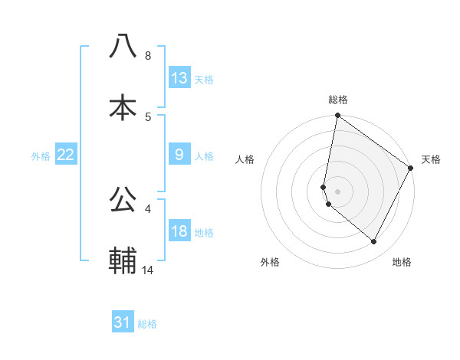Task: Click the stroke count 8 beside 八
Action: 147,56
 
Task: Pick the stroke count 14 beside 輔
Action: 149,270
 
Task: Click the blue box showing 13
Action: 179,78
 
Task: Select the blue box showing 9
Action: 179,155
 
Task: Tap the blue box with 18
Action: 179,231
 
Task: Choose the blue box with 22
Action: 66,155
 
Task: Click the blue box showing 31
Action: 123,323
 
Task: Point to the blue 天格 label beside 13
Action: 204,80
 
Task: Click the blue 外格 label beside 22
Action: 41,156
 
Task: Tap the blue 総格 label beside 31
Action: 147,325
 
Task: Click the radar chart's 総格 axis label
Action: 338,100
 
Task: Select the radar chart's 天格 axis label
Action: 431,159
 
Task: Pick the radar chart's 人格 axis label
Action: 245,159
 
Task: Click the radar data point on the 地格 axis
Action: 374,242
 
